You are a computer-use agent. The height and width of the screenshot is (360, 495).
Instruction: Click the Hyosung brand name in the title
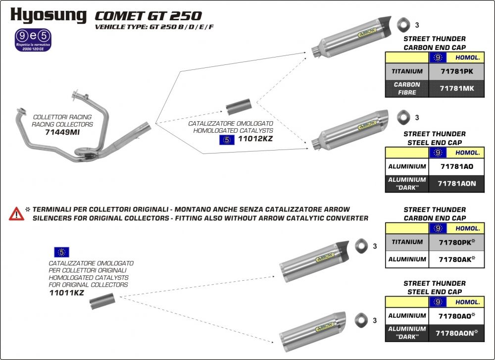48,15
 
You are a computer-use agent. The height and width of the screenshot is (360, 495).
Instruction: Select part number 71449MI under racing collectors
62,133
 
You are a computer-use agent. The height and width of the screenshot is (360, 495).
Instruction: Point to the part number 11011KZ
66,292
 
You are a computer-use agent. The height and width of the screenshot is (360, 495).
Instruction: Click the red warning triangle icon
16,214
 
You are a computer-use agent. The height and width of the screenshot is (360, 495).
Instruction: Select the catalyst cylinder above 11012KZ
239,106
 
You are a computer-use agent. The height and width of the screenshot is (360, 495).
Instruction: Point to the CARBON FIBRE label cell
407,88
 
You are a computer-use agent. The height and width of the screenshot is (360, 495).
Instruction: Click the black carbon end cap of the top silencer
385,22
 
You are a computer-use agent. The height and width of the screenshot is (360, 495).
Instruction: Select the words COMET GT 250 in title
148,16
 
